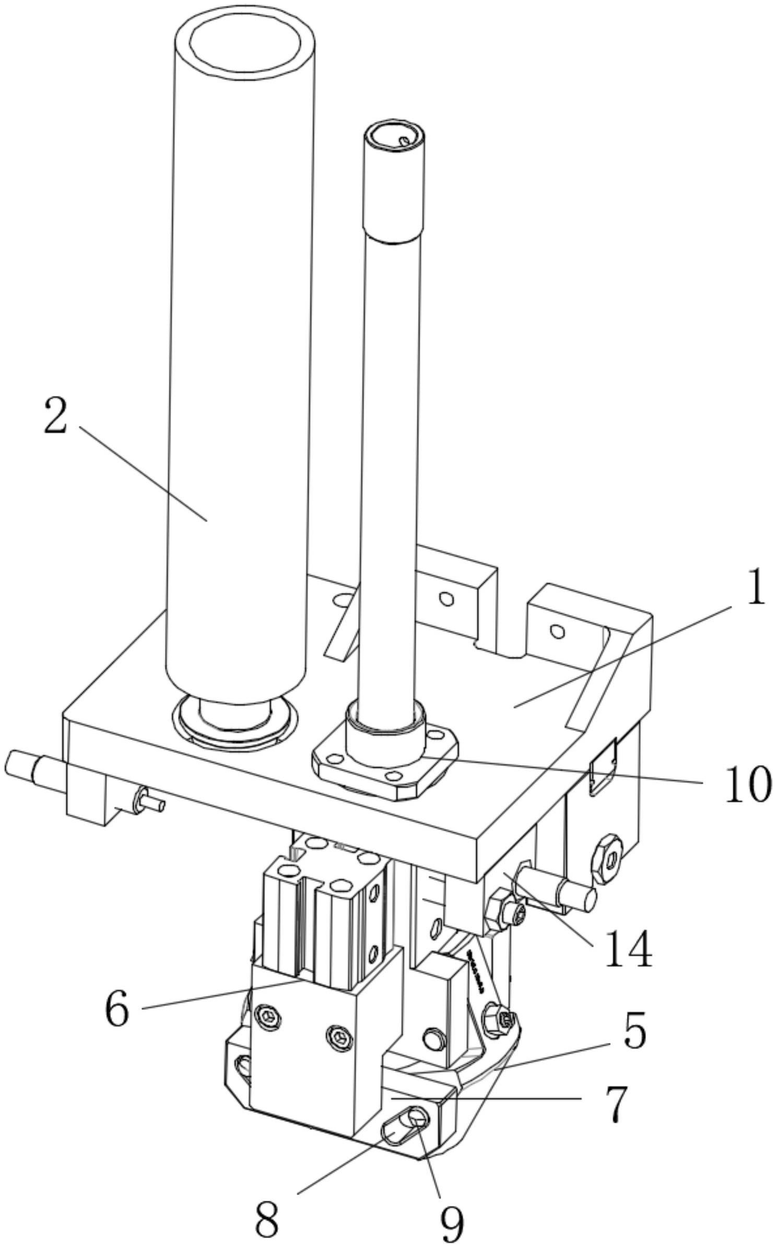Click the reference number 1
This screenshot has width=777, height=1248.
coord(756,589)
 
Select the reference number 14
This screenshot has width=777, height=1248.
coord(628,949)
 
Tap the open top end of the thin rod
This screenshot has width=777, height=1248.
coord(395,137)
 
